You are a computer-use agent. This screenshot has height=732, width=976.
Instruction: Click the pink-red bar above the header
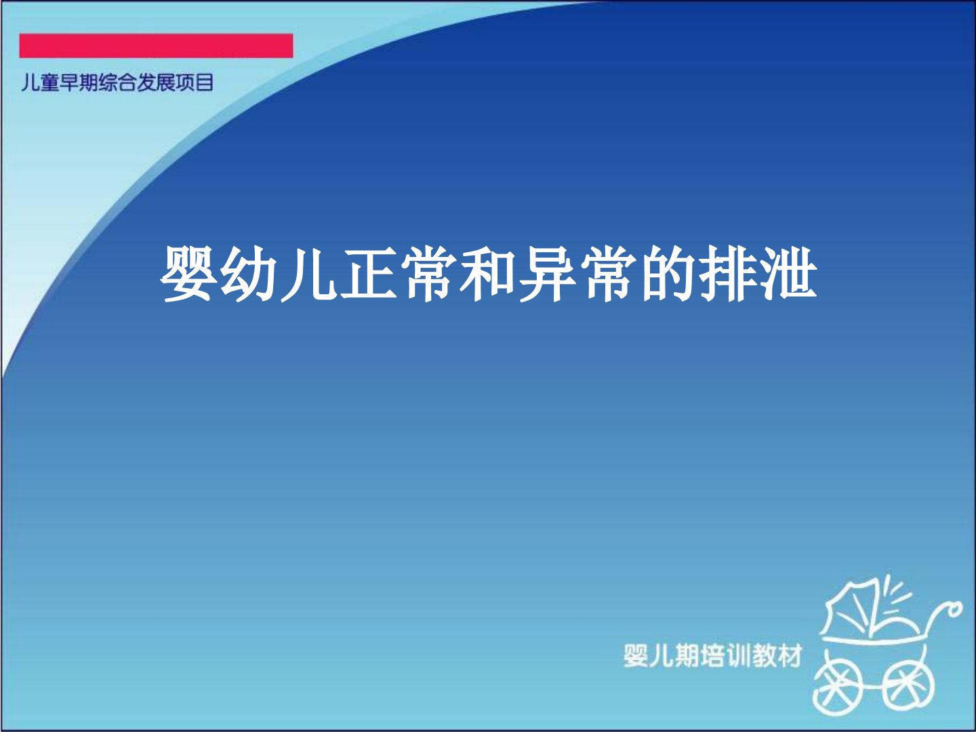pos(156,46)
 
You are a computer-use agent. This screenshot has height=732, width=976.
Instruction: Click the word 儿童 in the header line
pos(40,83)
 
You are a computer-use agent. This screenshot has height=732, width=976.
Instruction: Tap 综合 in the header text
pos(117,83)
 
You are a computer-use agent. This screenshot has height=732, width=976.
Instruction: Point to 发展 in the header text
pos(155,83)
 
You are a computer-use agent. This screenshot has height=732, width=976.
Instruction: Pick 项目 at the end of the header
pos(194,83)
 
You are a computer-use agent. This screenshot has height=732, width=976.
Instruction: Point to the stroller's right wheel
pos(907,687)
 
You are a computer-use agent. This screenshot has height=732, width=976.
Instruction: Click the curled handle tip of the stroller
pos(954,609)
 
